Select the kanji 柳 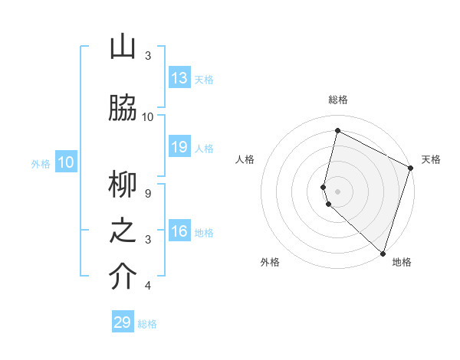point(123,185)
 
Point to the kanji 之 point(123,231)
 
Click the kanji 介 point(123,277)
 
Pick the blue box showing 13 point(179,78)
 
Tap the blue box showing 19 point(179,147)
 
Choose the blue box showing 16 point(179,231)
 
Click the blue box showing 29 point(123,322)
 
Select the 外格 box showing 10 point(65,162)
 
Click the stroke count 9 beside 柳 point(148,193)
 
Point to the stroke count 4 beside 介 point(148,286)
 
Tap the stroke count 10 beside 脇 point(148,116)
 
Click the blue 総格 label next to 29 point(147,324)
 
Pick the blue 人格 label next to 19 point(204,148)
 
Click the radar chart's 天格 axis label point(431,159)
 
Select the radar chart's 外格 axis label point(270,262)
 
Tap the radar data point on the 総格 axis point(337,131)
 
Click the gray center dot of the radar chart point(337,191)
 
